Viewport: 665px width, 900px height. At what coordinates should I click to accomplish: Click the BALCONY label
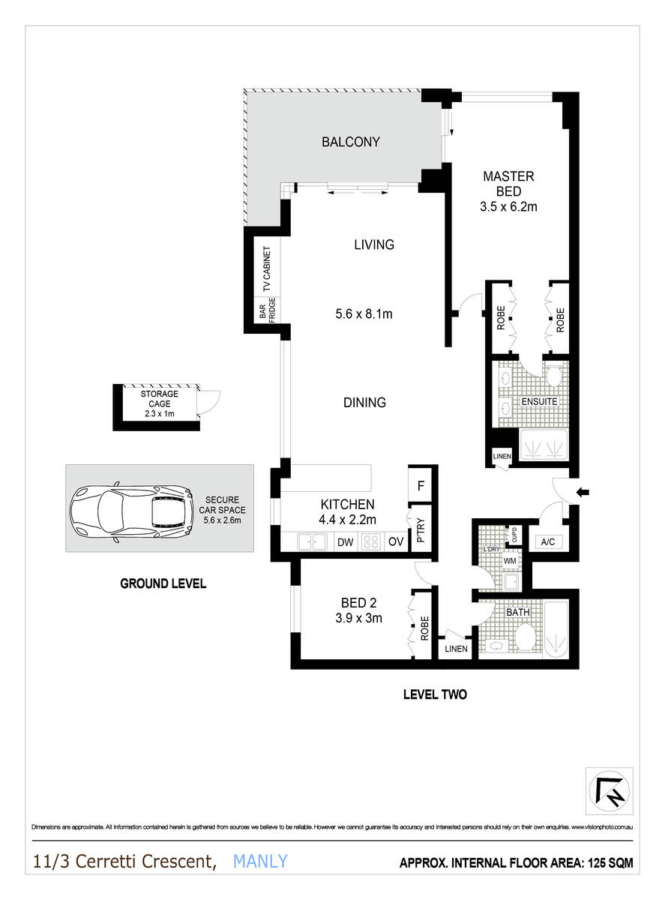click(351, 142)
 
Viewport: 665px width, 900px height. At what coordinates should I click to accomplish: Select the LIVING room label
click(374, 244)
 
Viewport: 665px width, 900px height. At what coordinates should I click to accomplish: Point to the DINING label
click(364, 403)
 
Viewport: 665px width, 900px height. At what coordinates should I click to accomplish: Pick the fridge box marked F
click(421, 485)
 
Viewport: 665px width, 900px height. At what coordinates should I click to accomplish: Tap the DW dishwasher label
click(344, 541)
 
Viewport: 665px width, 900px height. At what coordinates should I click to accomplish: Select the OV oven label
click(397, 541)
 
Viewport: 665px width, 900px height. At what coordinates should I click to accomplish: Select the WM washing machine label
click(509, 560)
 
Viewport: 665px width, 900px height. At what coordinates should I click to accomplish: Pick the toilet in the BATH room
click(526, 639)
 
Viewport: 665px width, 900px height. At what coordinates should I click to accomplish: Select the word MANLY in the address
click(260, 861)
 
